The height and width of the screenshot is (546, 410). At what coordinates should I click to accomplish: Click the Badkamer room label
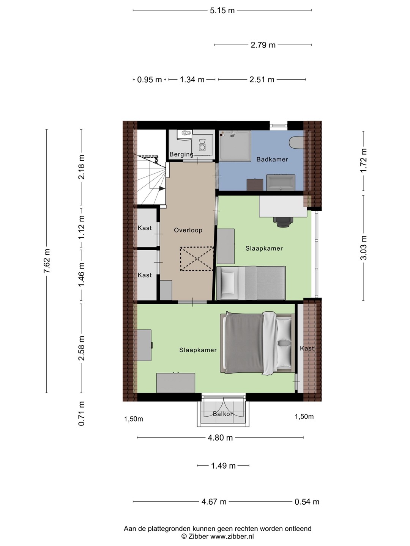click(x=272, y=159)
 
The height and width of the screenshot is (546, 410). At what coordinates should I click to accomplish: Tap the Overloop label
click(x=188, y=230)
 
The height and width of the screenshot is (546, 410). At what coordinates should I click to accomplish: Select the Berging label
click(x=181, y=154)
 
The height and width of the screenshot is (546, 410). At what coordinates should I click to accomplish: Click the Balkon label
click(x=223, y=414)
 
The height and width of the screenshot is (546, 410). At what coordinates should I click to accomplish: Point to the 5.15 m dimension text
click(x=222, y=11)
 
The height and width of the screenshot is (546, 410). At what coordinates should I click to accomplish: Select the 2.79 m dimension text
click(x=263, y=45)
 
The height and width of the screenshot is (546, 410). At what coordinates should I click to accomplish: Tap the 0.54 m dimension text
click(x=307, y=502)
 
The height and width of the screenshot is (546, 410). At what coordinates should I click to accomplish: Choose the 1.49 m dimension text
click(x=223, y=466)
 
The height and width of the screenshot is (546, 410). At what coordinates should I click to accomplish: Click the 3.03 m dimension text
click(x=364, y=248)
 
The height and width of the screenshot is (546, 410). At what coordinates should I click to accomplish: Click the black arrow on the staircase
click(x=162, y=188)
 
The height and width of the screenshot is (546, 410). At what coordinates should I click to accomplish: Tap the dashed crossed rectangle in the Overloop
click(x=197, y=259)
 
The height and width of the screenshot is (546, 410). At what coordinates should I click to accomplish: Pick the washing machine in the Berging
click(x=202, y=144)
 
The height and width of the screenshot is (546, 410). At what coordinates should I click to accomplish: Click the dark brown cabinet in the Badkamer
click(x=255, y=185)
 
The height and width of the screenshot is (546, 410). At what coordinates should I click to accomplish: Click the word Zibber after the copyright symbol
click(x=199, y=536)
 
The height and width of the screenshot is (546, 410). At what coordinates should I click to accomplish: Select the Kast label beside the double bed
click(x=307, y=348)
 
